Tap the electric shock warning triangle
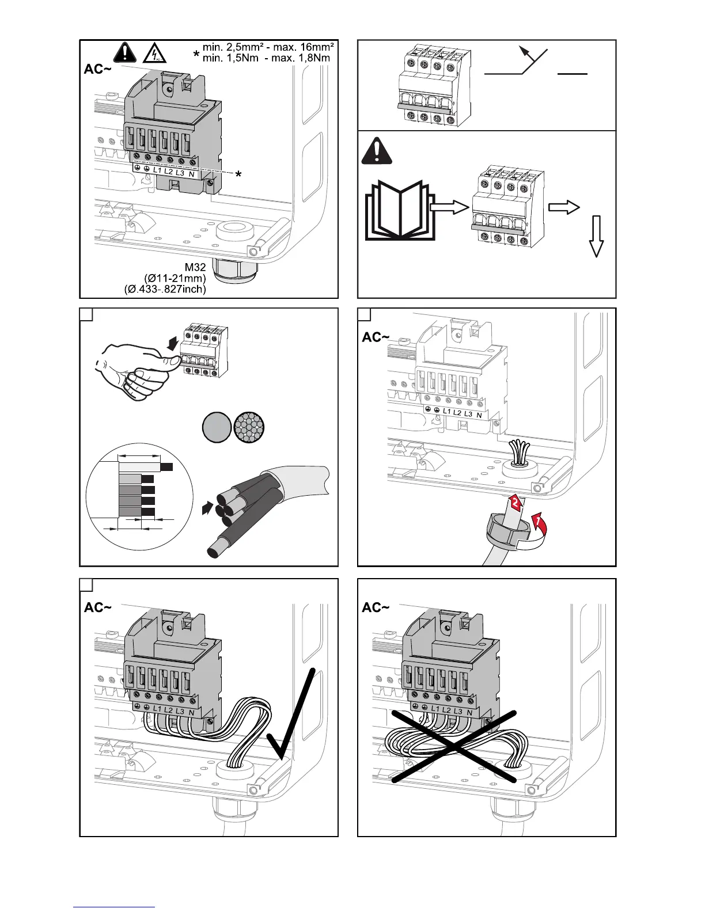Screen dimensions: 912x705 pyautogui.click(x=154, y=53)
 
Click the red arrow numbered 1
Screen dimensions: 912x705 pyautogui.click(x=539, y=523)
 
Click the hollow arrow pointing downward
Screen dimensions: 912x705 pyautogui.click(x=597, y=236)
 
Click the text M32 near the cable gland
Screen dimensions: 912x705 pyautogui.click(x=195, y=267)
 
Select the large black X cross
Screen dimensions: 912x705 pyautogui.click(x=454, y=747)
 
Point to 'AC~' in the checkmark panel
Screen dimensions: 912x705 pyautogui.click(x=98, y=607)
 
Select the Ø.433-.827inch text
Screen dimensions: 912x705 pyautogui.click(x=165, y=289)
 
